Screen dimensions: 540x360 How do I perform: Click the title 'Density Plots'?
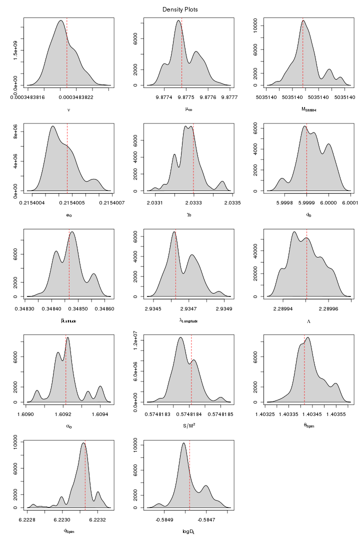[180, 9]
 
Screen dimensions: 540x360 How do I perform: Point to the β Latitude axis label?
[68, 320]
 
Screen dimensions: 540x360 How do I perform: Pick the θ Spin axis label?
[307, 426]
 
